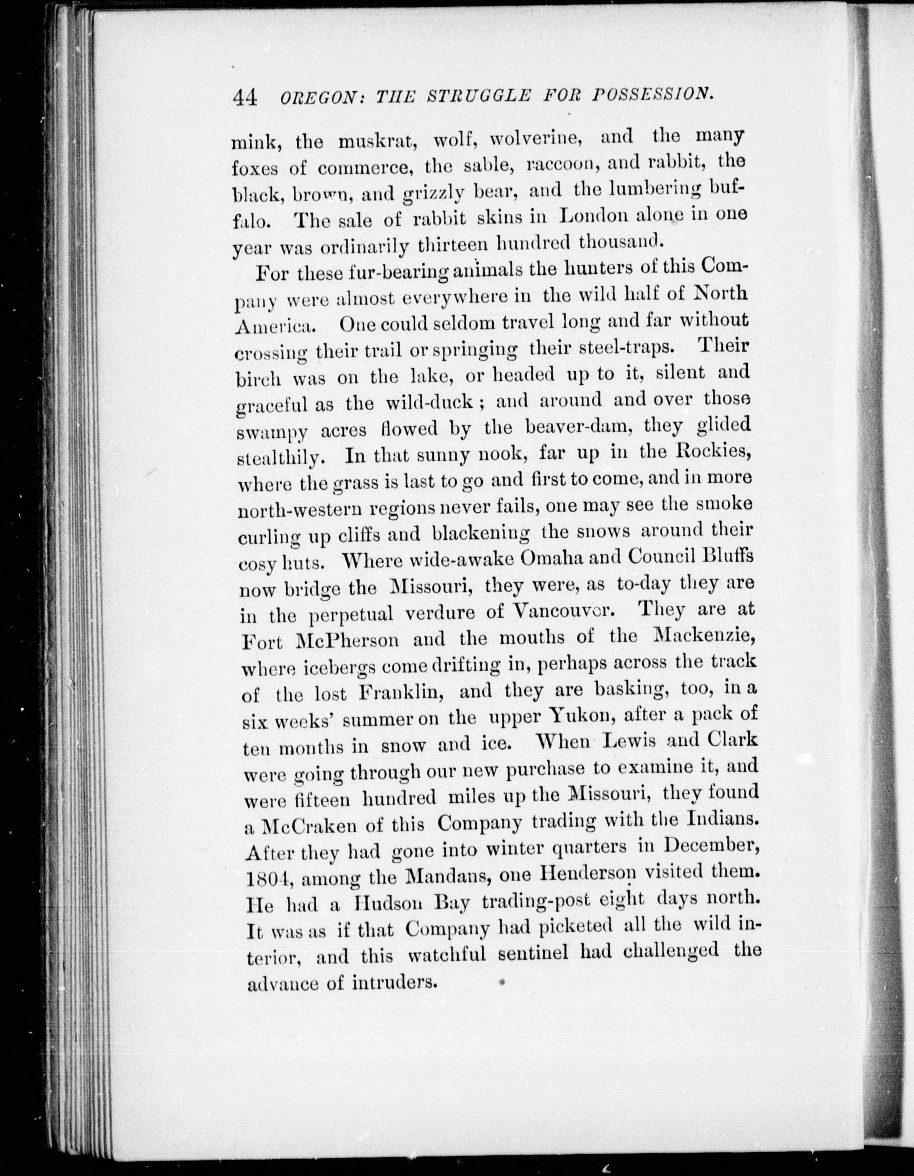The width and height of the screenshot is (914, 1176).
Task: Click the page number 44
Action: coord(244,99)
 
